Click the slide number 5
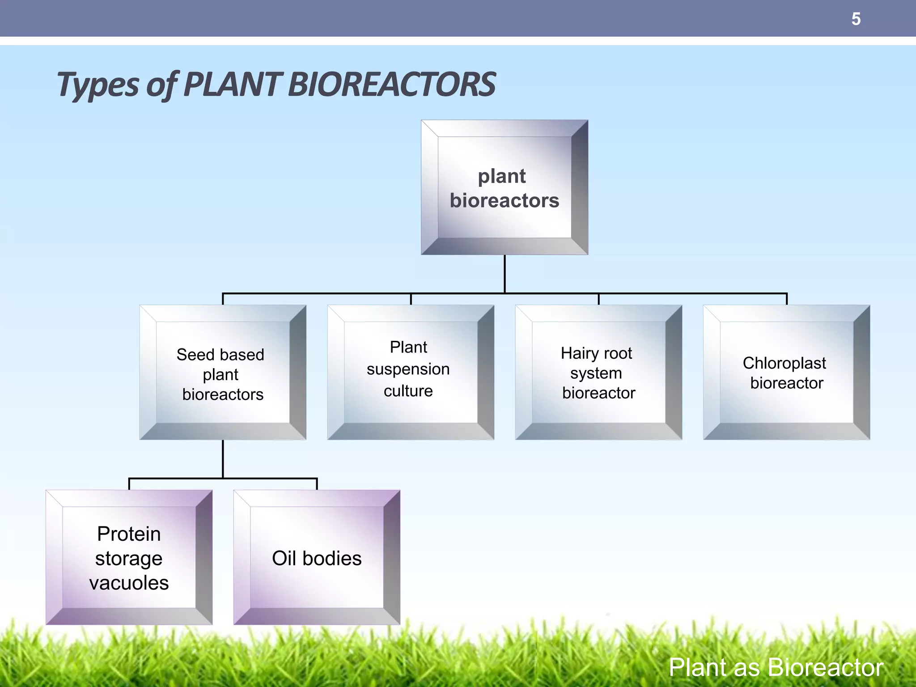point(856,19)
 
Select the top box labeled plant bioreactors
point(505,187)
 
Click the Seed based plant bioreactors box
point(223,372)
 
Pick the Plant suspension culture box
point(411,372)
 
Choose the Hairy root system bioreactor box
point(598,372)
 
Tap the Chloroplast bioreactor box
point(786,372)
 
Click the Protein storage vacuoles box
point(129,557)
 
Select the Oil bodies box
point(317,557)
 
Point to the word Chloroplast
point(784,363)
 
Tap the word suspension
point(408,369)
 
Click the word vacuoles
point(129,583)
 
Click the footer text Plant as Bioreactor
point(776,667)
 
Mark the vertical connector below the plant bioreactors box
point(505,274)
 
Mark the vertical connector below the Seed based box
point(223,458)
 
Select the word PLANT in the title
point(233,85)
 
